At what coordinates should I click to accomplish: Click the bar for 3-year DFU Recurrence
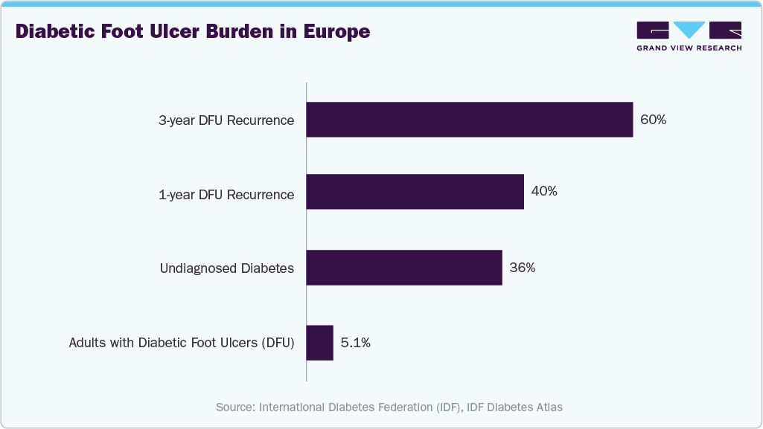tap(469, 120)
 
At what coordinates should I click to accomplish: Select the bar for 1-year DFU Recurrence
tap(415, 192)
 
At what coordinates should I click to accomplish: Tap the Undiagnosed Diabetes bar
tap(404, 268)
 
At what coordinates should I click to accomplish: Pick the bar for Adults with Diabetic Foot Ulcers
tap(319, 343)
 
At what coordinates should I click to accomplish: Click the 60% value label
tap(653, 120)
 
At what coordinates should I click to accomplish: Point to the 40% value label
tap(544, 191)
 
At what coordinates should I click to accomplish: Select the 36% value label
tap(522, 268)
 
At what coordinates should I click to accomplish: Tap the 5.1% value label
tap(355, 343)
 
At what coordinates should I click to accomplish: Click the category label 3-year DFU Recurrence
tap(226, 120)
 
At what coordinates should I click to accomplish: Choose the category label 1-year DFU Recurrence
tap(226, 195)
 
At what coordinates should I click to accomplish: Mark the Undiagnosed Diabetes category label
tap(227, 268)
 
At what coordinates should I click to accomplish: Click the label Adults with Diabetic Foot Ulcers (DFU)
tap(182, 343)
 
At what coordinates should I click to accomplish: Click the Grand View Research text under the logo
tap(689, 48)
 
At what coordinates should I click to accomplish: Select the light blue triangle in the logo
tap(689, 30)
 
